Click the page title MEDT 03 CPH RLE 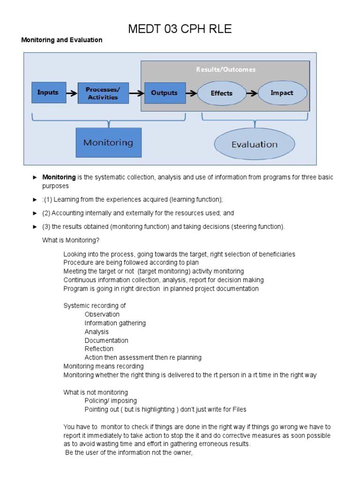pos(180,29)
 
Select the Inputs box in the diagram pos(47,93)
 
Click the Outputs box pos(165,93)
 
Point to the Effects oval pos(221,93)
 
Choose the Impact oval pos(282,93)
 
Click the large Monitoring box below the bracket pos(108,142)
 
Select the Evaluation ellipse pos(255,144)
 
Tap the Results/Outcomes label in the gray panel pos(225,69)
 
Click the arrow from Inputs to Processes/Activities pos(72,93)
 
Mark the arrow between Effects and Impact pos(252,93)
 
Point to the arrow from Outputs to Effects pos(191,93)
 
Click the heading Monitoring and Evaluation pos(62,40)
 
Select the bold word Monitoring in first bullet pos(59,177)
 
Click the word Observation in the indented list pos(102,315)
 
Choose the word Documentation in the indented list pos(106,340)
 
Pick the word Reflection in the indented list pos(99,349)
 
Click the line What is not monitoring pos(96,392)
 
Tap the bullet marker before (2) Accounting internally pos(35,213)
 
